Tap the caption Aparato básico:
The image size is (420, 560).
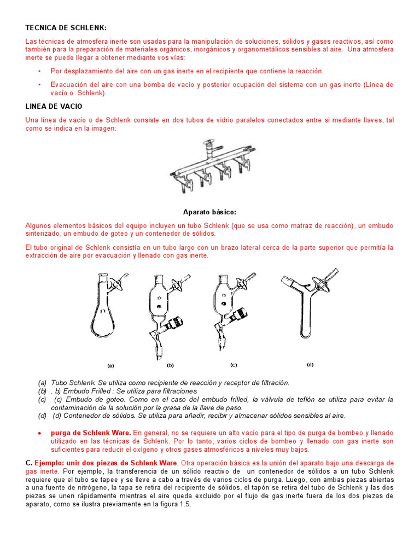[209, 212]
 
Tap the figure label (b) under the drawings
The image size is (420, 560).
[170, 365]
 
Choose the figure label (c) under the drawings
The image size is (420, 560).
[234, 364]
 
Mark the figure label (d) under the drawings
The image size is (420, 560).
[310, 364]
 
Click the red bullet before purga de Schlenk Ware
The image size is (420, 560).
[40, 433]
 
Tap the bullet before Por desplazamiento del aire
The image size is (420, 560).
[39, 72]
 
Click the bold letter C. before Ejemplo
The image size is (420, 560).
[28, 463]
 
